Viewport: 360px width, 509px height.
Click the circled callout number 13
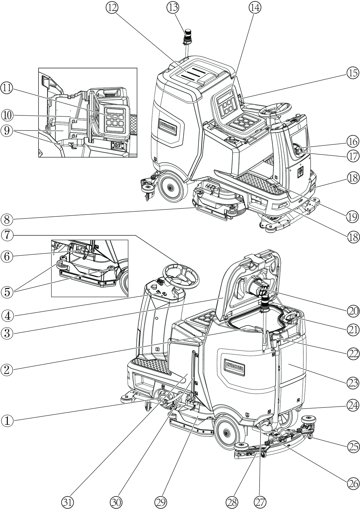click(173, 8)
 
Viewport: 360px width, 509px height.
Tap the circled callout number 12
click(112, 8)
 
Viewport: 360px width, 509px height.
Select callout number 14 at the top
click(254, 8)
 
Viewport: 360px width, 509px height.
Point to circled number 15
click(353, 73)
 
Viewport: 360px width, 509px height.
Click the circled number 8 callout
click(7, 219)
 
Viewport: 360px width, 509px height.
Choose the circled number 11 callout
click(7, 88)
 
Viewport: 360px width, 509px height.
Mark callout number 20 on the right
click(353, 310)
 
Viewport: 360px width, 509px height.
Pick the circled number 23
click(353, 383)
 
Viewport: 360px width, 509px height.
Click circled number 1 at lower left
click(7, 420)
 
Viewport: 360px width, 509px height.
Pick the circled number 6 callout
click(7, 256)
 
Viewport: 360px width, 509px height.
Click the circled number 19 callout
click(353, 216)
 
